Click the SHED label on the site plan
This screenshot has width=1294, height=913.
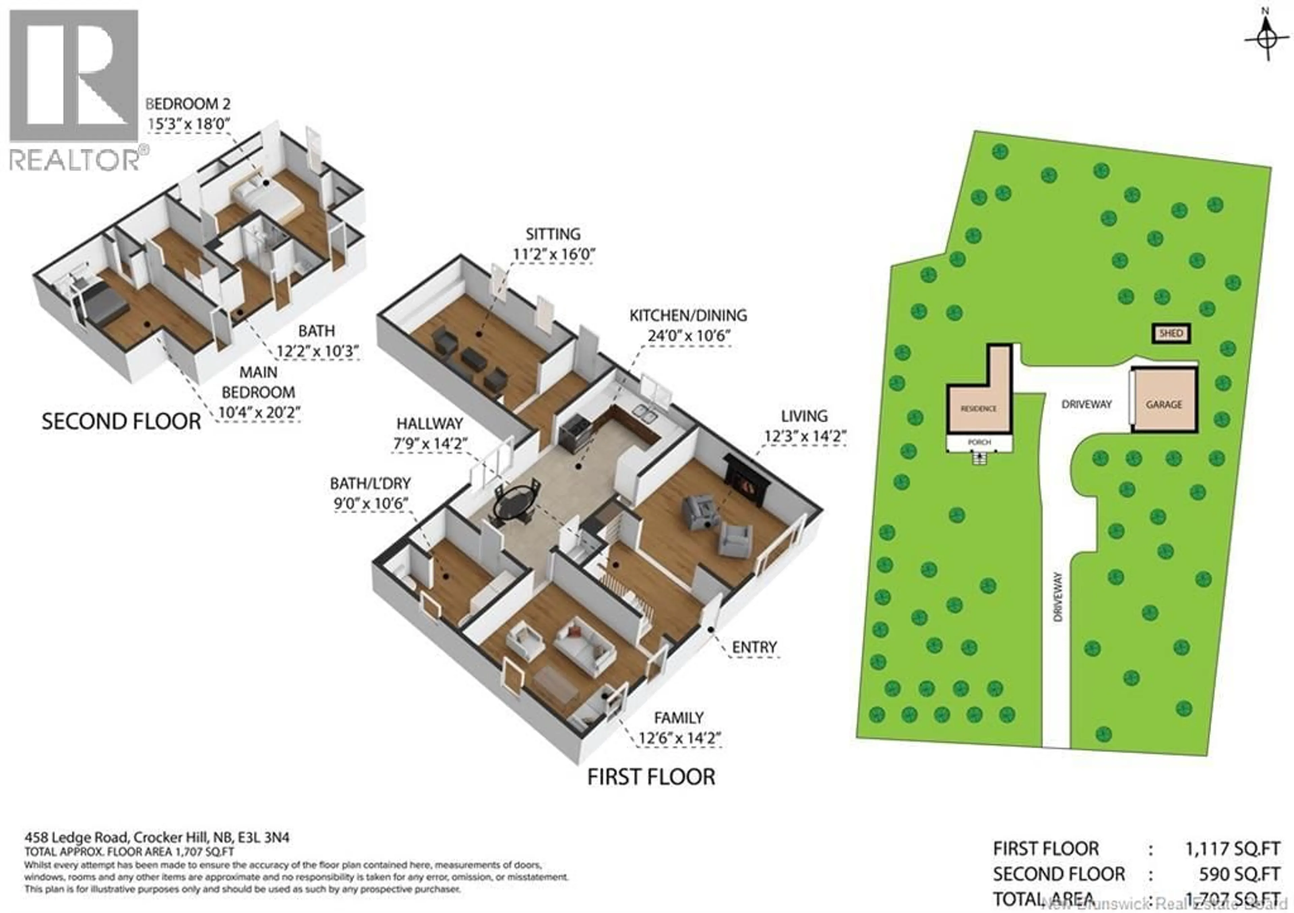coord(1171,333)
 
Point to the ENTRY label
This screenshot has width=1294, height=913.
coord(754,648)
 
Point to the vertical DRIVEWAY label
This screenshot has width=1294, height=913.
coord(1057,597)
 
